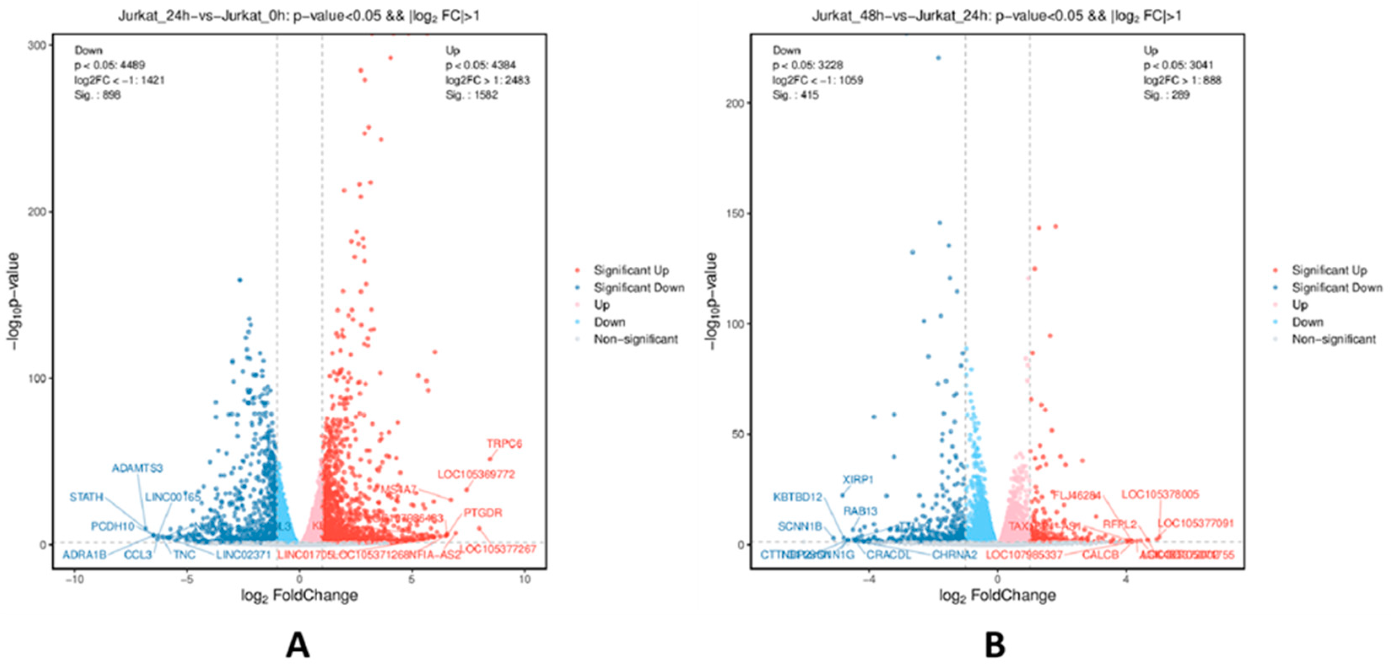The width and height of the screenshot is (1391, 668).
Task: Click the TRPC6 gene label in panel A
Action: (504, 444)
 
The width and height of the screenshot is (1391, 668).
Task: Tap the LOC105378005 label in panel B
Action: (1160, 495)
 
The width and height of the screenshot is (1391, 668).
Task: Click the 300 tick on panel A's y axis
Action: (37, 45)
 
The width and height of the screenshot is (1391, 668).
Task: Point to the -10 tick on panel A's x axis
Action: (74, 580)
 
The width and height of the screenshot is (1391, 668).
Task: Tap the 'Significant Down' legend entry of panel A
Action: (638, 288)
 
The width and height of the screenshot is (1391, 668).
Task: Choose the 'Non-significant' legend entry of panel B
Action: (1333, 340)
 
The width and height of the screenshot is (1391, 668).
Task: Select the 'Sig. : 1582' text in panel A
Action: (471, 95)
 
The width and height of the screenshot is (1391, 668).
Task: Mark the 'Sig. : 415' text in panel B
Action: (795, 95)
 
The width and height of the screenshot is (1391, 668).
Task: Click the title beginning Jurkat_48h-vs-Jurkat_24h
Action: (996, 16)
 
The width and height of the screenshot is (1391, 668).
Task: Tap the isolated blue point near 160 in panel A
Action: (240, 280)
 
